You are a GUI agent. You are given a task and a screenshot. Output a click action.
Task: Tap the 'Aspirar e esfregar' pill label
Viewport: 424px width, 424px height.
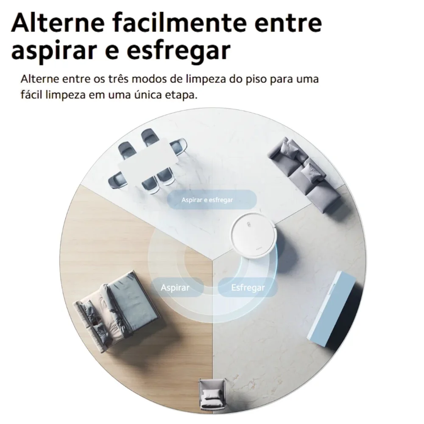212,200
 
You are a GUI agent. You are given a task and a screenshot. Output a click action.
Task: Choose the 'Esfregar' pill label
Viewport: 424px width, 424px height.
248,287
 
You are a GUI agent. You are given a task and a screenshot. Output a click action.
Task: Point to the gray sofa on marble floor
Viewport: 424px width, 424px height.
304,173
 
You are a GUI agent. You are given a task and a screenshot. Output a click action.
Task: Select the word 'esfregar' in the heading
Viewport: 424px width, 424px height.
179,51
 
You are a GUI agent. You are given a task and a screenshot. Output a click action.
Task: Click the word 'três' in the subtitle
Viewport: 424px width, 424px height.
118,79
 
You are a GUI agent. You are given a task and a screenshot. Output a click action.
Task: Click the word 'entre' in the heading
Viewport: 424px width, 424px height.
288,23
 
